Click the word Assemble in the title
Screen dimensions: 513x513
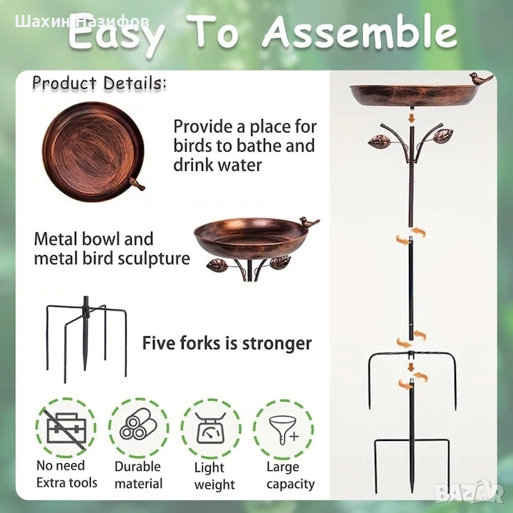[359, 33]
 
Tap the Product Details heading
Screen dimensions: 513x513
[99, 83]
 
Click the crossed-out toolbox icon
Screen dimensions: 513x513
[66, 428]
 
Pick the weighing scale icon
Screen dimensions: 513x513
[211, 428]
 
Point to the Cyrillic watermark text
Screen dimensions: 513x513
[82, 22]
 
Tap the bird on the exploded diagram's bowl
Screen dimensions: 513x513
[481, 78]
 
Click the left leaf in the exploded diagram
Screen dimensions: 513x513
[380, 140]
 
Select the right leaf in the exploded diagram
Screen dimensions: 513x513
[442, 135]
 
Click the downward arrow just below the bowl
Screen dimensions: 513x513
[412, 118]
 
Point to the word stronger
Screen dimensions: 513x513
[276, 343]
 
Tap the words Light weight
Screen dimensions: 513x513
[214, 476]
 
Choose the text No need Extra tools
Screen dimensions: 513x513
[67, 474]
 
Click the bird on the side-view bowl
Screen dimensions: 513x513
[309, 222]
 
